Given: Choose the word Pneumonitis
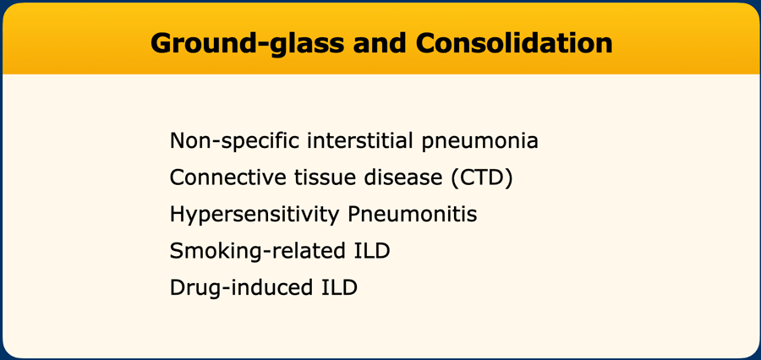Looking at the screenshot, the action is [413, 215].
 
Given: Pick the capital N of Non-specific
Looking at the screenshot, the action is [178, 140].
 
